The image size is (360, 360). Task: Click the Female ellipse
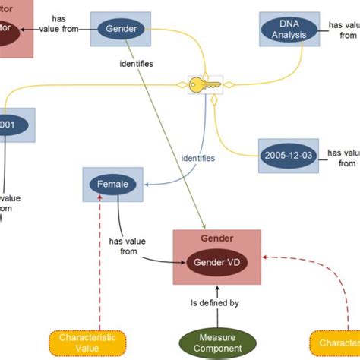pos(113,184)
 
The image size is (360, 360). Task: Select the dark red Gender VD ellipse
pos(216,263)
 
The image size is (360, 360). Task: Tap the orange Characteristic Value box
pos(87,343)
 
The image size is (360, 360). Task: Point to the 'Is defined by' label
pos(215,303)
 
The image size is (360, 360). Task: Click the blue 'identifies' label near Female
pos(197,158)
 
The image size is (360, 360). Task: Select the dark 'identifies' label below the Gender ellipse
pos(137,64)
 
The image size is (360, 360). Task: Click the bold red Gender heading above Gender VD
pos(216,238)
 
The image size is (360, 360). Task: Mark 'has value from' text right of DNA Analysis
pos(346,30)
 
